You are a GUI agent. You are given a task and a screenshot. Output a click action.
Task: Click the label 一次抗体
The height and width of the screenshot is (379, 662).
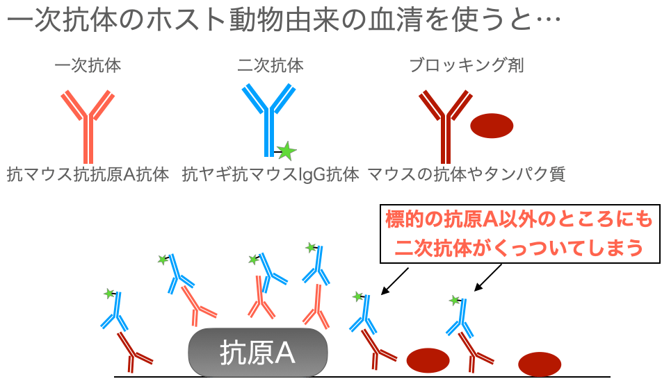[x=88, y=67]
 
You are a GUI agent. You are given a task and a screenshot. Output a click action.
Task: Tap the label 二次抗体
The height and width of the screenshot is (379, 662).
[x=271, y=67]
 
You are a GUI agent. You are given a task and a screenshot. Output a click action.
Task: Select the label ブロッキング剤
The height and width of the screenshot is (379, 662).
[x=467, y=67]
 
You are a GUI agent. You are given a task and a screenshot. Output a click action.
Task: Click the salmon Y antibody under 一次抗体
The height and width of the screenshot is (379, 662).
[x=88, y=121]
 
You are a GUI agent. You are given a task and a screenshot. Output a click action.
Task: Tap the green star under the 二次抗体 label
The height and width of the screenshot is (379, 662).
[x=285, y=150]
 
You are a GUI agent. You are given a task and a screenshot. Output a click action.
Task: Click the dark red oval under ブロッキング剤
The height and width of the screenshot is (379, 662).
[x=492, y=126]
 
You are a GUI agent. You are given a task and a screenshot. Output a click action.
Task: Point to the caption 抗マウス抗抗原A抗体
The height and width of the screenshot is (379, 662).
[x=88, y=174]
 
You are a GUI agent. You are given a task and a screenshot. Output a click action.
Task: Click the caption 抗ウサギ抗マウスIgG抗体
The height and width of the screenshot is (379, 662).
[x=271, y=174]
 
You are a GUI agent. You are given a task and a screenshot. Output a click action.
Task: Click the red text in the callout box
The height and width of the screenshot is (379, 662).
[x=519, y=234]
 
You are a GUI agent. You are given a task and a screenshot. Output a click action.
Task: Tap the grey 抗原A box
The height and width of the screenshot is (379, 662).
[x=258, y=352]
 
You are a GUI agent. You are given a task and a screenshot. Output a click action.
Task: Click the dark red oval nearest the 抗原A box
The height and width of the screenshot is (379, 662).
[x=428, y=360]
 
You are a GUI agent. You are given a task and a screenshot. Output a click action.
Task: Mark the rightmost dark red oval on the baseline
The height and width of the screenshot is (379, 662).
[x=540, y=364]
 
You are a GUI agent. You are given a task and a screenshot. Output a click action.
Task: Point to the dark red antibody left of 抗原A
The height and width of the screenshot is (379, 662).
[x=134, y=351]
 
